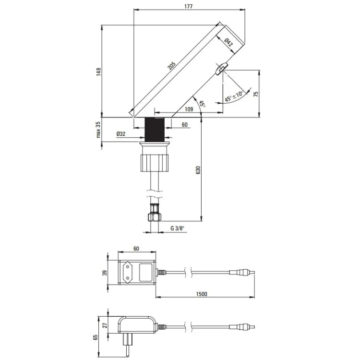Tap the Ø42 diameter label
[x=229, y=44]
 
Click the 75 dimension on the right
[x=256, y=94]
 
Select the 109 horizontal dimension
[x=189, y=109]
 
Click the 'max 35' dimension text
[x=98, y=130]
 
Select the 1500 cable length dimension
[x=202, y=294]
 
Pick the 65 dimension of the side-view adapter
[x=96, y=337]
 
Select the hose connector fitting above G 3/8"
[x=154, y=212]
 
